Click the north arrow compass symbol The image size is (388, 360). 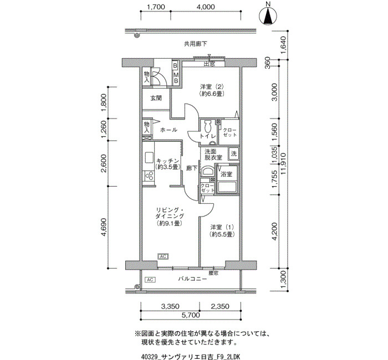coord(268,15)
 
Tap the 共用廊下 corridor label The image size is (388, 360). coord(195,44)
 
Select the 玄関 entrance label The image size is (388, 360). coord(156,98)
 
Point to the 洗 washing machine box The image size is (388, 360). coord(233,154)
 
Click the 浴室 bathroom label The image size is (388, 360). coord(226,174)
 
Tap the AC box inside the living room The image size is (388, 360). coord(163,256)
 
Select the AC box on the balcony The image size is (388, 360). coord(150,280)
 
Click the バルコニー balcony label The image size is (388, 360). coord(192,279)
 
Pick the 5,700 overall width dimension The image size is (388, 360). coord(191,315)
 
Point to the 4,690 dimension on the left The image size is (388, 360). coord(104,227)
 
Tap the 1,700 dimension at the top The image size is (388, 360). coord(156,7)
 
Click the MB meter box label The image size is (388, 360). coord(176,78)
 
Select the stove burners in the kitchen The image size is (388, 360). coord(149,176)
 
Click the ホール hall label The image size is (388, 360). coord(169,130)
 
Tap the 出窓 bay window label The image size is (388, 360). coord(209,64)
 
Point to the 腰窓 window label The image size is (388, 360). coord(213,273)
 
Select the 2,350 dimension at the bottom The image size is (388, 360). coord(219,307)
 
